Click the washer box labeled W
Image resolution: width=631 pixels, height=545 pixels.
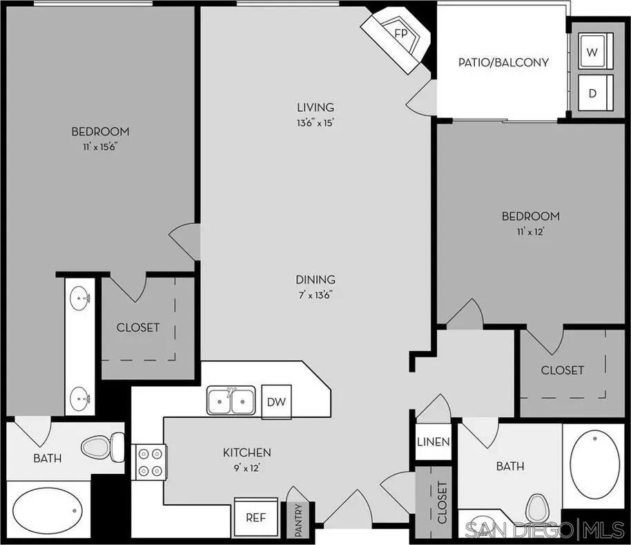(x=592, y=52)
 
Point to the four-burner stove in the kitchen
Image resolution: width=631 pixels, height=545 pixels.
(x=151, y=462)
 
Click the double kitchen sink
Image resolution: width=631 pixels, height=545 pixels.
(x=231, y=400)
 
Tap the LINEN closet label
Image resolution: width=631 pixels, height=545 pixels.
(x=434, y=442)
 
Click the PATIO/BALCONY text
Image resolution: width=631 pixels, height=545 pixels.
(x=503, y=62)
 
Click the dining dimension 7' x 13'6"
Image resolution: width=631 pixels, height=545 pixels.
(x=315, y=295)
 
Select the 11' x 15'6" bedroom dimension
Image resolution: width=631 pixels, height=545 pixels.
(x=100, y=146)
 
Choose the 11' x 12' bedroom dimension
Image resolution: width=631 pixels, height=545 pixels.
(x=530, y=231)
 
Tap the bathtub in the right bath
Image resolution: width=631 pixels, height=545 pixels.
(x=595, y=466)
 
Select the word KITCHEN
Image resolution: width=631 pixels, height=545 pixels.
(x=246, y=452)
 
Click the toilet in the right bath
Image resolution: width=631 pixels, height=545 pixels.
(x=536, y=510)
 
